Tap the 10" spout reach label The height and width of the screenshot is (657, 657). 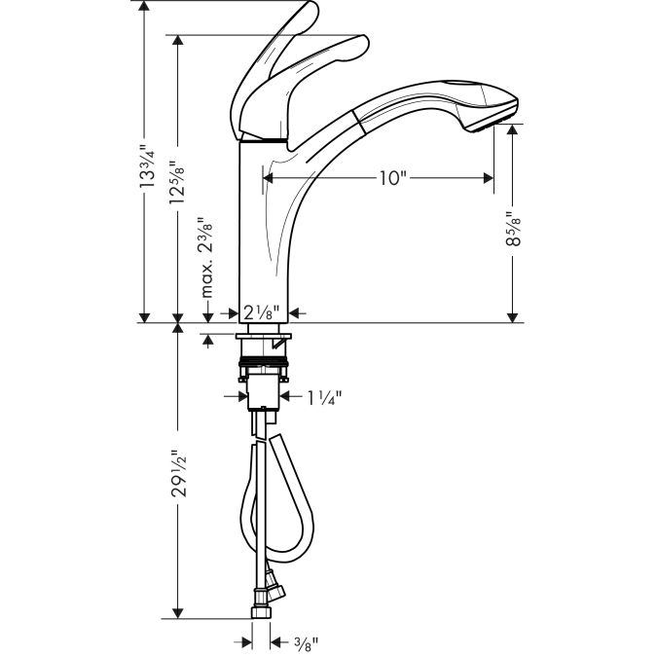click(392, 178)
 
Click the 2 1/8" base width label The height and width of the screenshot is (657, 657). click(262, 313)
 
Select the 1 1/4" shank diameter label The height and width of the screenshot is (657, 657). click(324, 397)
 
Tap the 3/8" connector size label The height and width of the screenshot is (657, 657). click(307, 641)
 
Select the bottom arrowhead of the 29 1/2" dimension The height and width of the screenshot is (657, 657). click(176, 614)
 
